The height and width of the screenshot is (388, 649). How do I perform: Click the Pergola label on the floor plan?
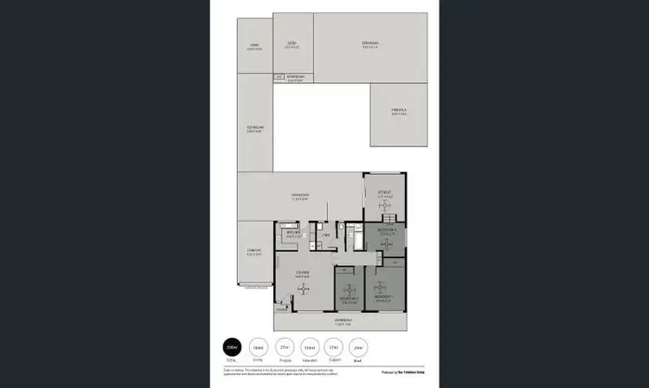click(x=398, y=112)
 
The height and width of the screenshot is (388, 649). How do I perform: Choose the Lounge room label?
click(x=303, y=275)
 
